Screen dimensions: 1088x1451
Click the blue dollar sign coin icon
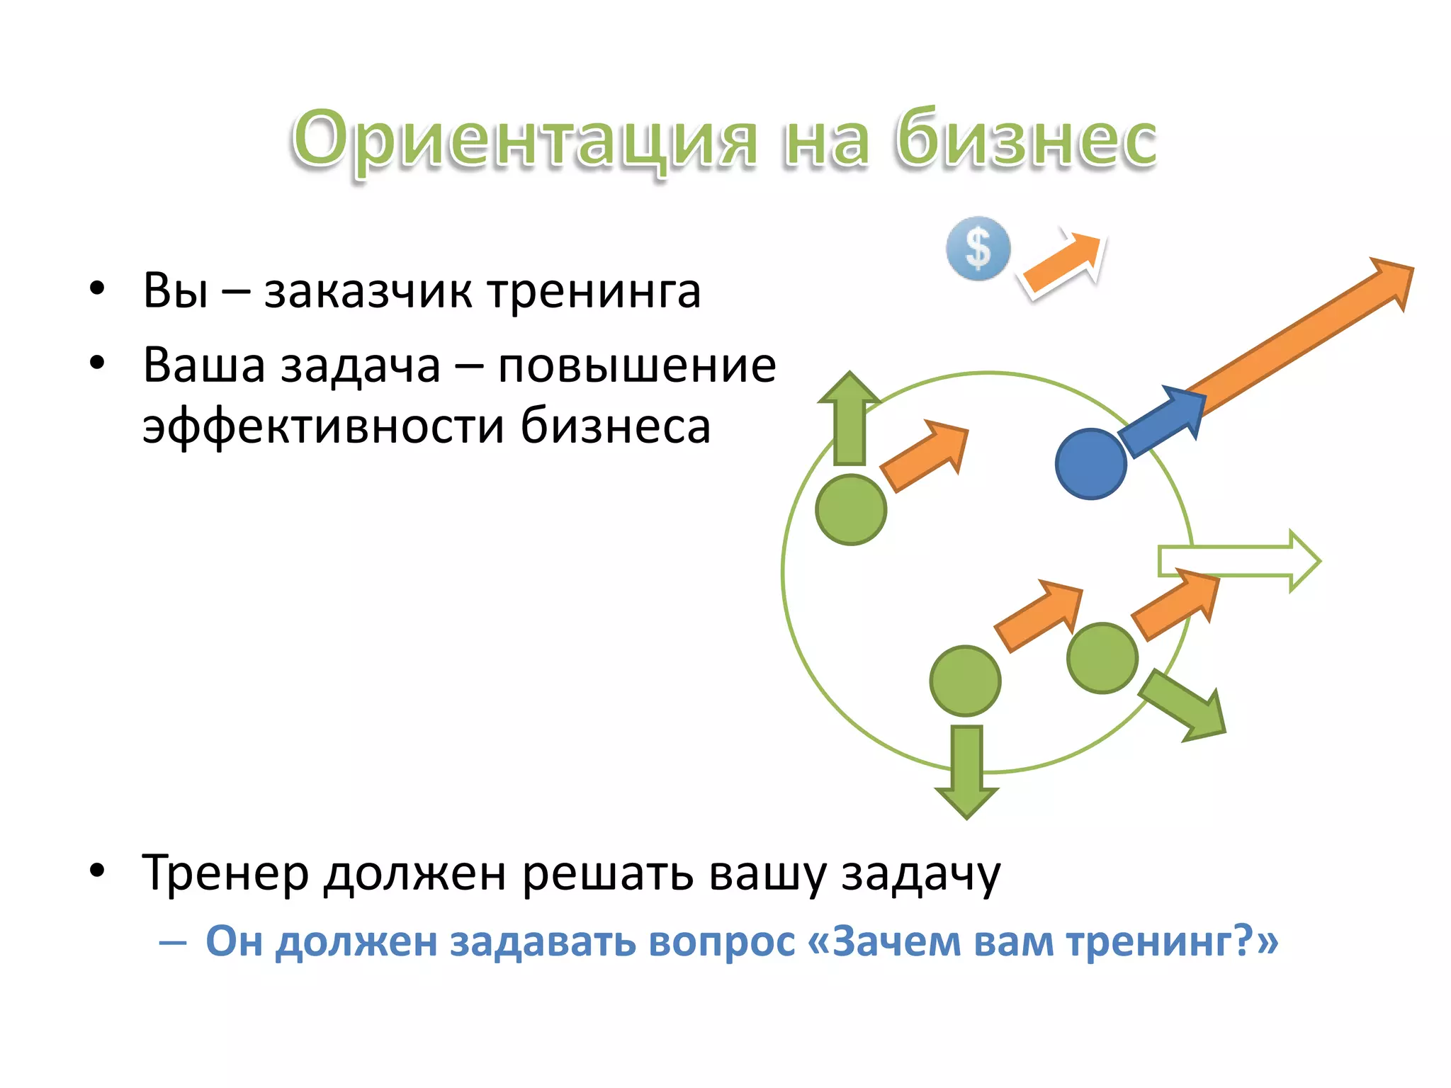[978, 249]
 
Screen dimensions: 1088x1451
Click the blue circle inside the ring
[1091, 464]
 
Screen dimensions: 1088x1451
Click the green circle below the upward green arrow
[851, 510]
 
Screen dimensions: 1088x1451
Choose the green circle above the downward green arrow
[965, 681]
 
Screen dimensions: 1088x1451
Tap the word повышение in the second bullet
[637, 365]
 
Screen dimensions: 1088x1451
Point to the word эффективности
[323, 426]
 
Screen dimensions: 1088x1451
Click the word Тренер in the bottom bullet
[225, 873]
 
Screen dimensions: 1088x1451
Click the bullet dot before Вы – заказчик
[97, 288]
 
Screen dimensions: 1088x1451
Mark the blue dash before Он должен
[173, 943]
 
